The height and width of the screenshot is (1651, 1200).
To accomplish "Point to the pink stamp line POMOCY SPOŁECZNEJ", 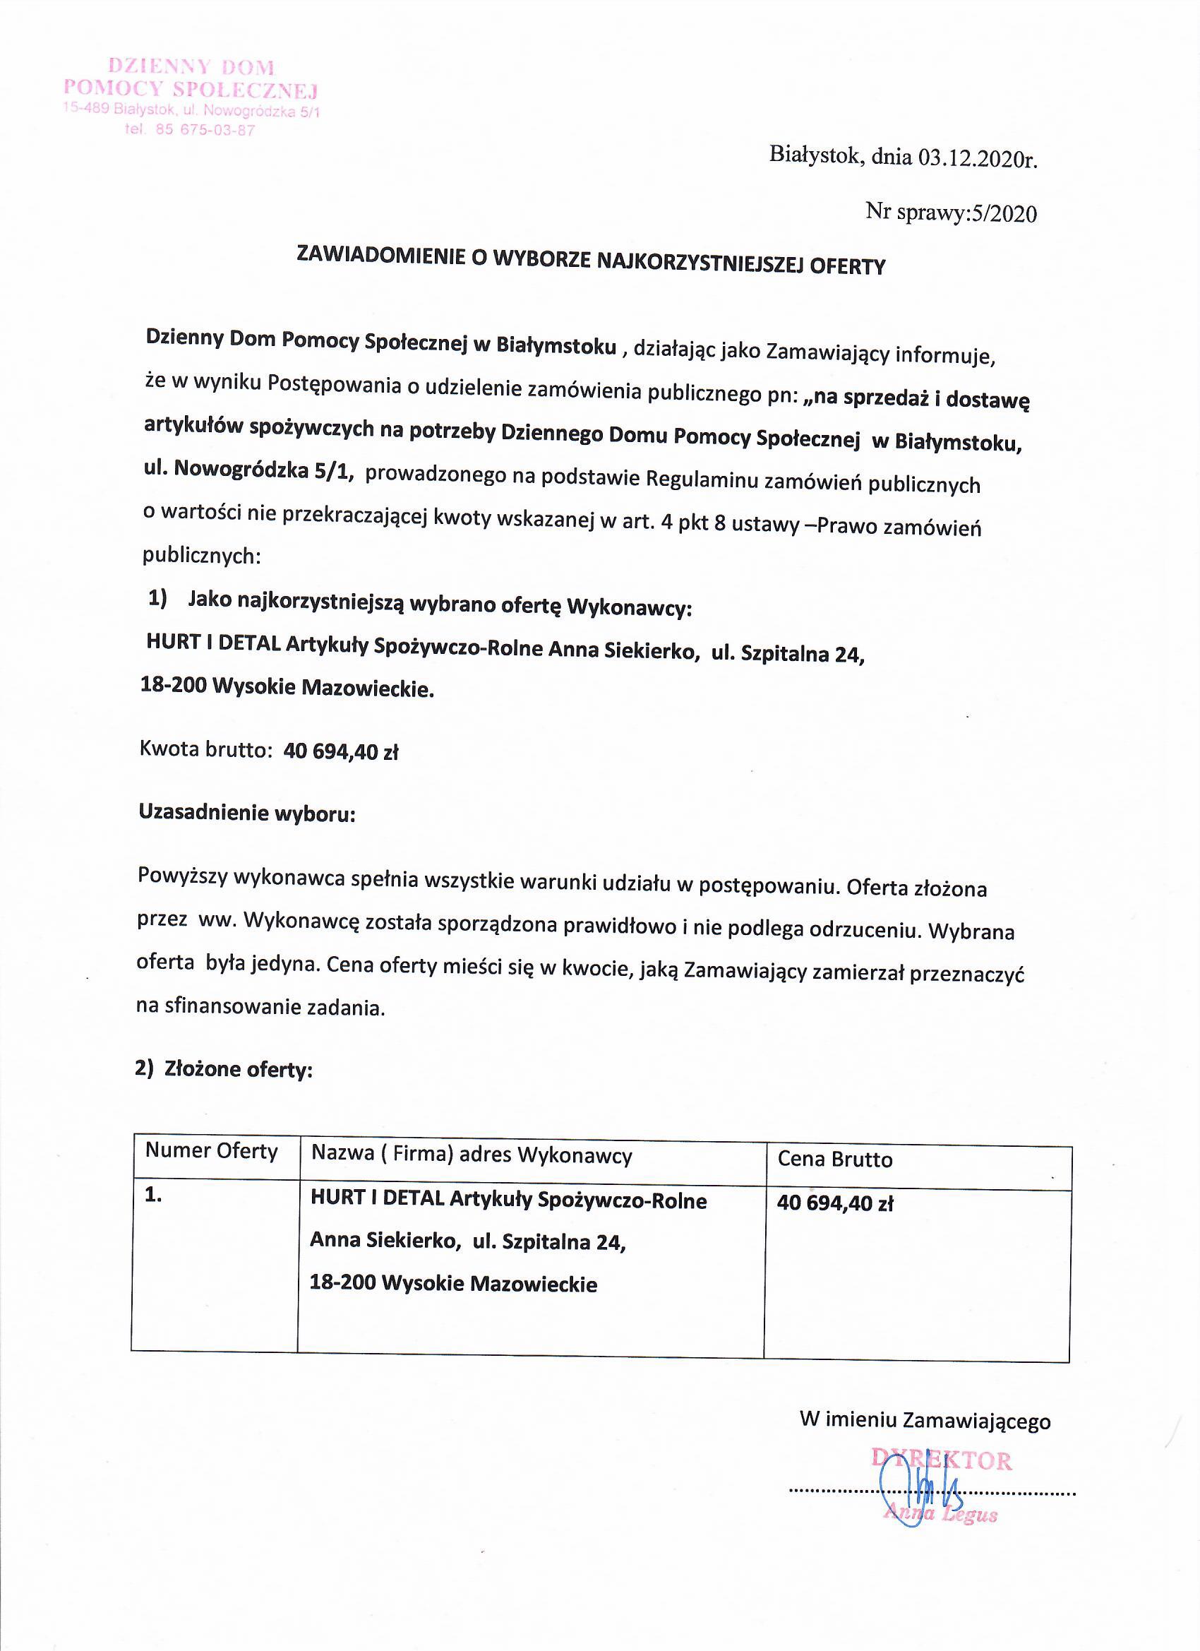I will tap(191, 90).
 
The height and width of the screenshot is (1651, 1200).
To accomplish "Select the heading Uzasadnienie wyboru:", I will tap(246, 813).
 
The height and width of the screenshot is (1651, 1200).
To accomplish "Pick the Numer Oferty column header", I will tap(212, 1151).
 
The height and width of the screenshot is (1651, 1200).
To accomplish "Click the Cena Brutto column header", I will tap(834, 1159).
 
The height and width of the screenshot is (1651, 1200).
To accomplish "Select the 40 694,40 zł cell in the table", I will tap(834, 1203).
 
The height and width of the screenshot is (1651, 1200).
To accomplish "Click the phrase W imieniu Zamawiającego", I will tap(924, 1420).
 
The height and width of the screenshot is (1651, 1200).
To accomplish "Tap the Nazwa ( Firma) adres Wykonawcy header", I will tap(472, 1155).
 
